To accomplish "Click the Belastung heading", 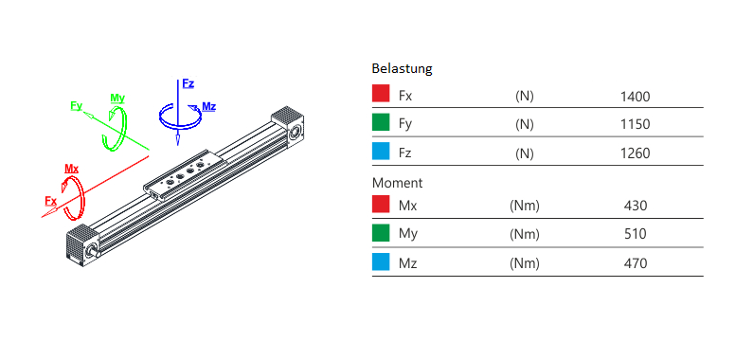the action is [402, 68].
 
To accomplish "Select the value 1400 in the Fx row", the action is [635, 97].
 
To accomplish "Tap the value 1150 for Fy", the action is [635, 124].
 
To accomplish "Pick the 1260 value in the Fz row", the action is [635, 153].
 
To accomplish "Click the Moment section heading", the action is [397, 183].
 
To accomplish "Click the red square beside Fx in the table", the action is [381, 93].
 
